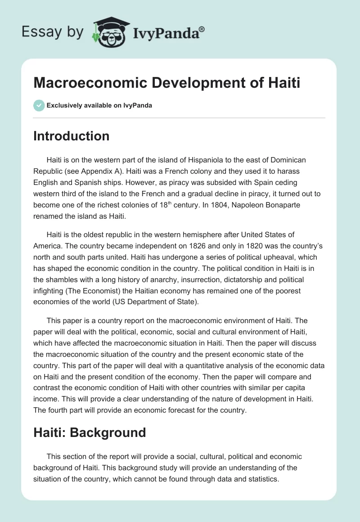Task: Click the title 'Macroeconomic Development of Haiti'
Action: (166, 83)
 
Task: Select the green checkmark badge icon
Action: (39, 105)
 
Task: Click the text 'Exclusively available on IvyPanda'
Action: (99, 106)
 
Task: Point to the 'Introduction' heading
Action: (71, 136)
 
